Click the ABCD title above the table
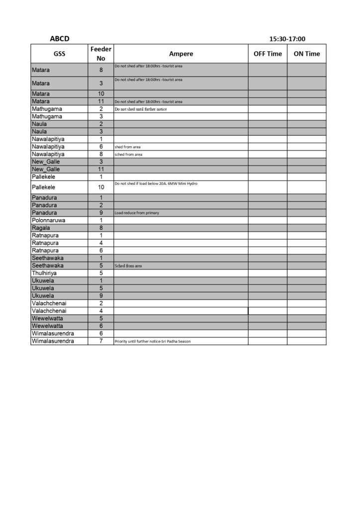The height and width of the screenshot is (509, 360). coord(59,39)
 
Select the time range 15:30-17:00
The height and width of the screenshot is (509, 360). coord(287,39)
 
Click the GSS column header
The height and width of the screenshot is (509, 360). coord(59,54)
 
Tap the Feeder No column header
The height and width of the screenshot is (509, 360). coord(101,54)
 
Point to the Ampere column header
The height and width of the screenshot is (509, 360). coord(181,54)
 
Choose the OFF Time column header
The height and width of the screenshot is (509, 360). coord(268,54)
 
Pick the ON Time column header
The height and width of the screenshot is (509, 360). coord(306,54)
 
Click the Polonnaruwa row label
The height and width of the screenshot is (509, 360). coord(48,220)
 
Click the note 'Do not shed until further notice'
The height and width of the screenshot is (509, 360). coord(141,109)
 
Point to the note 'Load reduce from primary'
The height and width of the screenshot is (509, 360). coord(137,213)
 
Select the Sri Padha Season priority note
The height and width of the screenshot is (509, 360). coord(152,341)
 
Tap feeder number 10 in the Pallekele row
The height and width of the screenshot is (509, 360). coord(101,187)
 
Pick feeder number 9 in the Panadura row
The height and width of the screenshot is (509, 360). coord(101,213)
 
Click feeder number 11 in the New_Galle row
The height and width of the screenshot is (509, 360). coord(101,169)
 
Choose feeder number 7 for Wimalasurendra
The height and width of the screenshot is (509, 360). coord(101,341)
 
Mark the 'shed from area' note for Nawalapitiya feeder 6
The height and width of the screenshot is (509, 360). coord(127,147)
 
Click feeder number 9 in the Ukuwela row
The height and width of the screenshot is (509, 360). coord(101,296)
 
